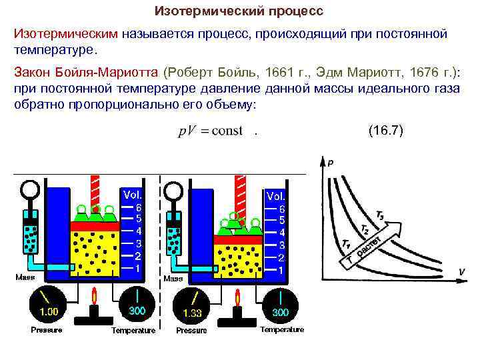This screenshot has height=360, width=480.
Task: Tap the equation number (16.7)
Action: [x=385, y=131]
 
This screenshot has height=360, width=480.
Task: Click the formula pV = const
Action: [x=210, y=131]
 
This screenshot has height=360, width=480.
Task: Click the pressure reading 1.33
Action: [x=192, y=313]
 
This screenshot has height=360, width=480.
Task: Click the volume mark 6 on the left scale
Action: [x=138, y=207]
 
